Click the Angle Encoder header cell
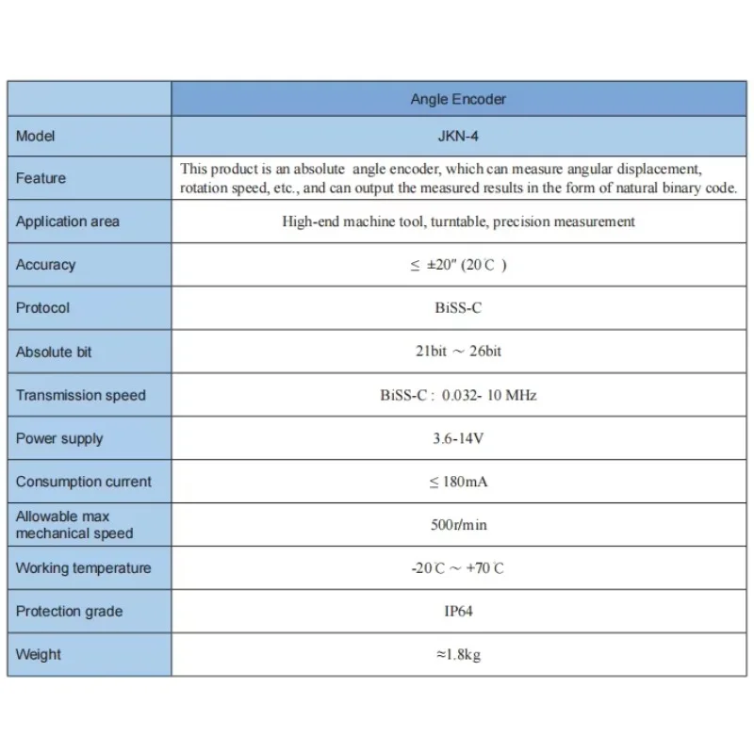pos(458,99)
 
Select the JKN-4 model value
pos(458,136)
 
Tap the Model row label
pos(36,136)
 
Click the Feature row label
pos(41,178)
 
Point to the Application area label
pos(68,221)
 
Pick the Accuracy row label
pos(45,265)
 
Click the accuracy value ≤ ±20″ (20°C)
pos(458,265)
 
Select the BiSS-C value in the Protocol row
pos(458,308)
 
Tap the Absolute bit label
pos(54,352)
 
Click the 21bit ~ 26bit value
pos(458,352)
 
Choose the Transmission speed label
pos(81,395)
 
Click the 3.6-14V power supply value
pos(458,438)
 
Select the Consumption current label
pos(83,482)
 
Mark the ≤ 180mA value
pos(458,482)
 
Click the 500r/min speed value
pos(458,525)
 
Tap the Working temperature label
pos(83,568)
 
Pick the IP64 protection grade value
pos(458,612)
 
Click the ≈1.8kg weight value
pos(458,655)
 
